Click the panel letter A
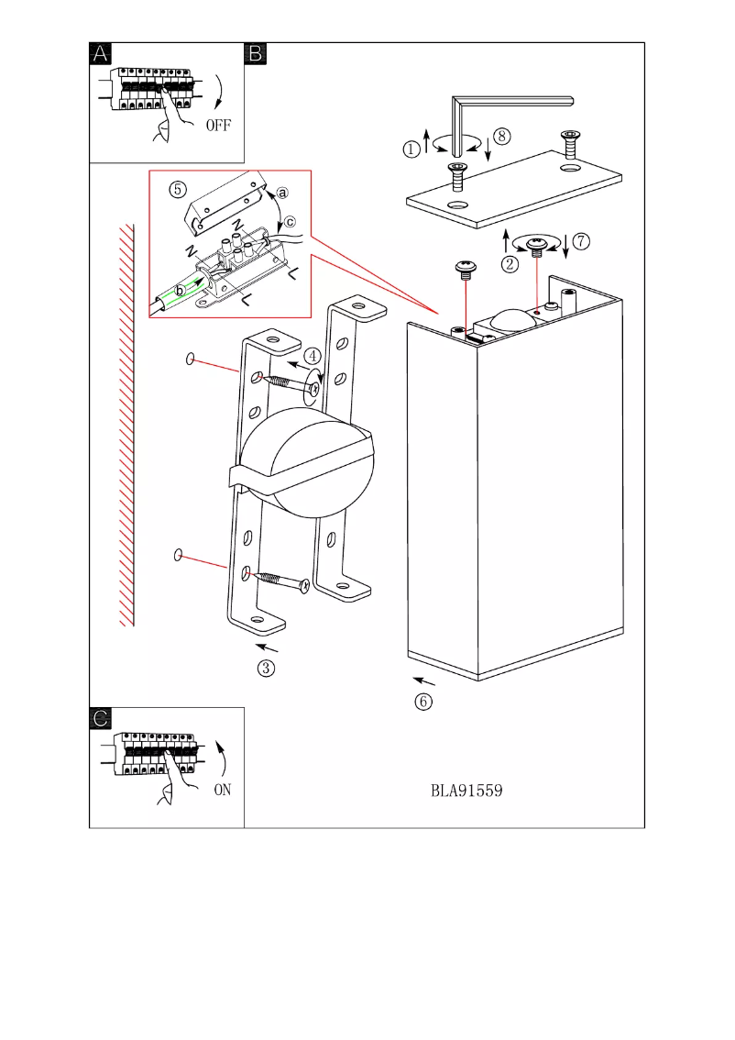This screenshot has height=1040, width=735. point(102,54)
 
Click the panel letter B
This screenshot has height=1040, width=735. point(256,54)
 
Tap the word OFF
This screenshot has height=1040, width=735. point(219,126)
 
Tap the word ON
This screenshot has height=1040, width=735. point(222,791)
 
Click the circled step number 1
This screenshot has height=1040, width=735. point(412,146)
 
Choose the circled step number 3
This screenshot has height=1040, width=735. point(265,668)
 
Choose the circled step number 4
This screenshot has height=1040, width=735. point(313,355)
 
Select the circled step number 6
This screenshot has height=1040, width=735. point(422,702)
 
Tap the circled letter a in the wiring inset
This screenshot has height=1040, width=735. point(282,193)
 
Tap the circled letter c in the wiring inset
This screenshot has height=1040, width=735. point(291,220)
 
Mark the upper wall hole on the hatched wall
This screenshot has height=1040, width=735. point(190,360)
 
